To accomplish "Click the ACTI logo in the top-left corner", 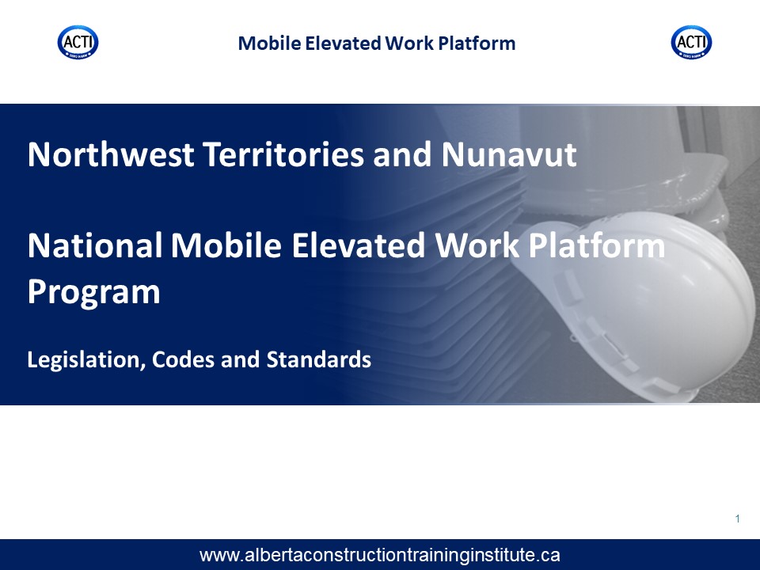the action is point(78,43).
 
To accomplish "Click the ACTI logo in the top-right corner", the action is point(692,43).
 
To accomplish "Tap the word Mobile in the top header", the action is point(269,43).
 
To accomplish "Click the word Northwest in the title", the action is point(111,154).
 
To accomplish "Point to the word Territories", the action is point(283,154).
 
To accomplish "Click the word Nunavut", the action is point(509,154).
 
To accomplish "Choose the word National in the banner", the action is point(95,245).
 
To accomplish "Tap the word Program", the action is point(93,293).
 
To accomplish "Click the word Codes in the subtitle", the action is point(183,359).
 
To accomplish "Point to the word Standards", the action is point(319,359).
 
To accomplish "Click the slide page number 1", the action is point(737,519).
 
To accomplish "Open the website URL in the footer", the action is point(379,555).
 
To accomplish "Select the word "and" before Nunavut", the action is point(402,154).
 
